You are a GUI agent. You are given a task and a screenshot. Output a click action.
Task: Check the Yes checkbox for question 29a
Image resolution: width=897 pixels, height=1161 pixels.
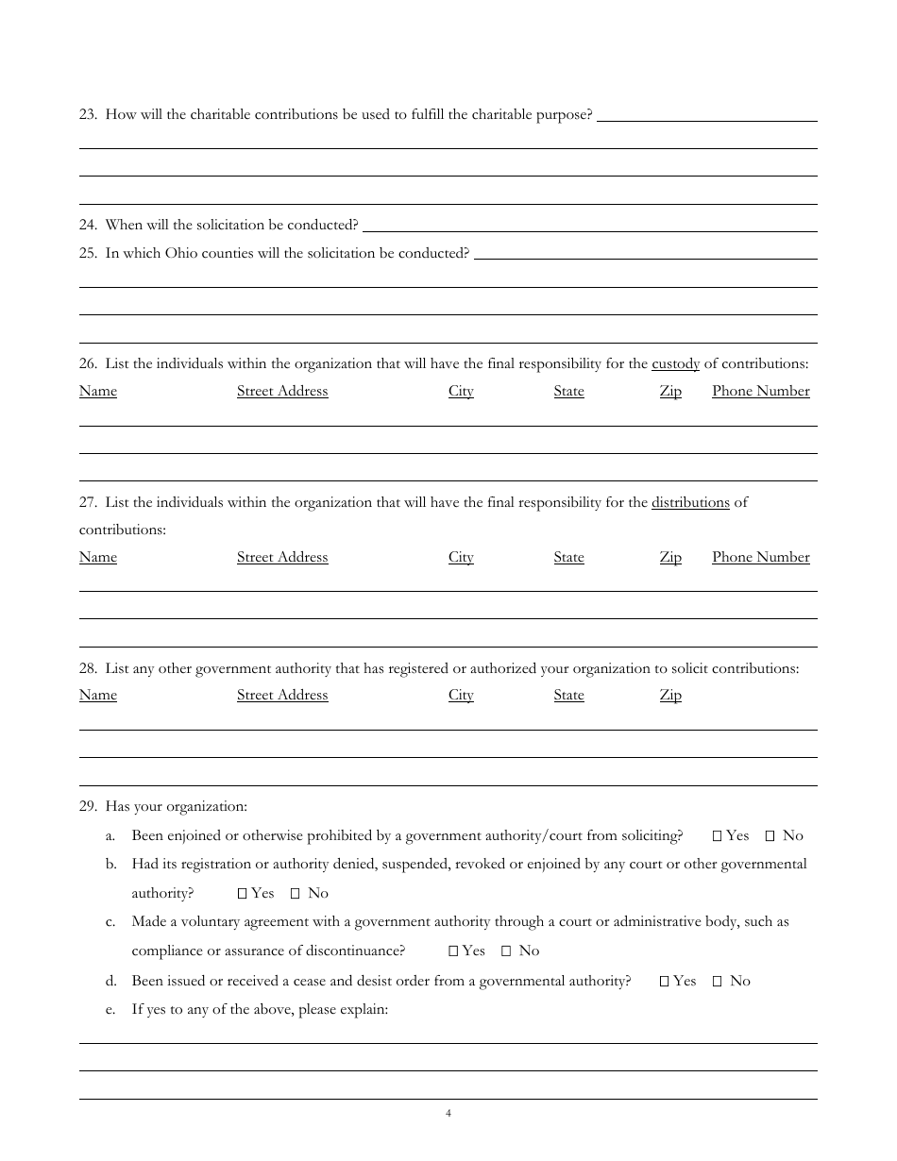tap(717, 835)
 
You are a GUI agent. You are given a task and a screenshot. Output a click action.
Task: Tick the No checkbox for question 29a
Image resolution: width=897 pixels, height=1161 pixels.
tap(770, 835)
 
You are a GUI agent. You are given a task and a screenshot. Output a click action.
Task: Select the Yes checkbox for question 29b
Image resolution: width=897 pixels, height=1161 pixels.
tap(242, 893)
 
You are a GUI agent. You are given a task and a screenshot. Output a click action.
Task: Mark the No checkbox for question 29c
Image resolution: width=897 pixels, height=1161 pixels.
tap(506, 951)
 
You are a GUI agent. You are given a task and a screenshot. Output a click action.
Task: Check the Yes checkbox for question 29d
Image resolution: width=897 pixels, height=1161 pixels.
tap(664, 982)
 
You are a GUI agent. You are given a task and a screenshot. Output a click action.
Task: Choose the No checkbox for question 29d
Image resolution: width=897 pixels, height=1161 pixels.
tap(717, 982)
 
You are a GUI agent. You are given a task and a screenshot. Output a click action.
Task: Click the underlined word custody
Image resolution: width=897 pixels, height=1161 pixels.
tap(675, 363)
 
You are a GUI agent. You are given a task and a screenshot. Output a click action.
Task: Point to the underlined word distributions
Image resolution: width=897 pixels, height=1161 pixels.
tap(690, 502)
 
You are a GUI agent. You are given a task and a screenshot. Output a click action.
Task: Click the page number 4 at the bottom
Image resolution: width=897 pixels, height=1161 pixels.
tap(448, 1114)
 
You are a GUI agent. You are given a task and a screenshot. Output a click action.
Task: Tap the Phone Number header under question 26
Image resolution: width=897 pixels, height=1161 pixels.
tap(760, 391)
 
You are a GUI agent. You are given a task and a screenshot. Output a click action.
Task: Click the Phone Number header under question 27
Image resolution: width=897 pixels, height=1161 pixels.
tap(760, 557)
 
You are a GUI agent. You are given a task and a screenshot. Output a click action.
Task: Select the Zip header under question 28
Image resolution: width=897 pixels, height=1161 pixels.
tap(670, 695)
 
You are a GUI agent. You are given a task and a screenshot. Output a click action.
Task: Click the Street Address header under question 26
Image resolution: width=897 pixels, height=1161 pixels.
tap(282, 391)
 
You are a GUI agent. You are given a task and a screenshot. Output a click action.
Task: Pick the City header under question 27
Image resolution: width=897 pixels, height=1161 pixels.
tap(461, 557)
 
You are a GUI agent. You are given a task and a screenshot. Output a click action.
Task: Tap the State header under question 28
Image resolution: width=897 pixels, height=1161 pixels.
tap(568, 695)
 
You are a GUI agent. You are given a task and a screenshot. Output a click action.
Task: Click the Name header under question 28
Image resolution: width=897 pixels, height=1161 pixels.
tap(98, 695)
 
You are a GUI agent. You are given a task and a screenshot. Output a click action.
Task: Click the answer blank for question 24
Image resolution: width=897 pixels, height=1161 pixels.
tap(590, 225)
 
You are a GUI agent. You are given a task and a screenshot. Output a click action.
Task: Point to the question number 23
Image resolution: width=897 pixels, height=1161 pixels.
tap(88, 115)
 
